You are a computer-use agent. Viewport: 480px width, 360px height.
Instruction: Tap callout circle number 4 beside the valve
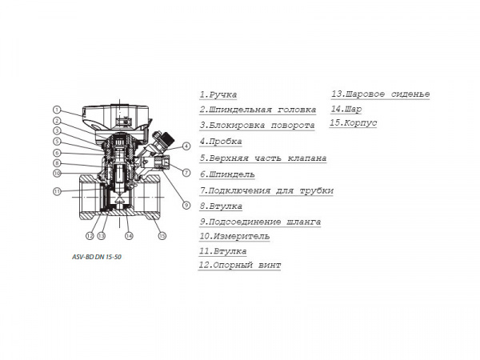[x=186, y=146]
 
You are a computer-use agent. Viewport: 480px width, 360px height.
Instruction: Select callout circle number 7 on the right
[x=185, y=173]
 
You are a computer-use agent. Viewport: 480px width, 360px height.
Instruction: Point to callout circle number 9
[x=185, y=205]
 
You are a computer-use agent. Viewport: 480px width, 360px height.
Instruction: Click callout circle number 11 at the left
[x=58, y=191]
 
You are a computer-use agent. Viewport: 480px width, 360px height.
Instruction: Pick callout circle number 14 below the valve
[x=129, y=235]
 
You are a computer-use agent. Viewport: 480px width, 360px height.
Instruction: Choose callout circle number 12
[x=90, y=235]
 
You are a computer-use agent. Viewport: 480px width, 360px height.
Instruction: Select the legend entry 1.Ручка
[x=218, y=95]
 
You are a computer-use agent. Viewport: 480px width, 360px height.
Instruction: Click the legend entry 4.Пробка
[x=220, y=142]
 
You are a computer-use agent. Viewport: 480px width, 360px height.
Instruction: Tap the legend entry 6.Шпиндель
[x=227, y=174]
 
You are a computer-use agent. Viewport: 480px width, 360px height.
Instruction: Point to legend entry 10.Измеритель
[x=234, y=236]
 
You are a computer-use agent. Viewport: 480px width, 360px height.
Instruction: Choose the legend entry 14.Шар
[x=346, y=109]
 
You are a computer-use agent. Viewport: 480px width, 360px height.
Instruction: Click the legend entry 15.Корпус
[x=353, y=123]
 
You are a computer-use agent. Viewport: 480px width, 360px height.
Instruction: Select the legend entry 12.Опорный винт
[x=240, y=266]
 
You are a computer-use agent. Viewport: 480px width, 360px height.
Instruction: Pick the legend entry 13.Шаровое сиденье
[x=380, y=94]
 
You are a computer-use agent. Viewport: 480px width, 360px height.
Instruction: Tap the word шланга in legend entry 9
[x=303, y=221]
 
